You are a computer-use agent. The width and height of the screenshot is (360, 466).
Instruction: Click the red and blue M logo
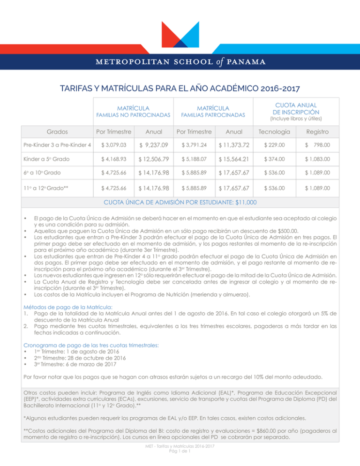[x=180, y=33]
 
